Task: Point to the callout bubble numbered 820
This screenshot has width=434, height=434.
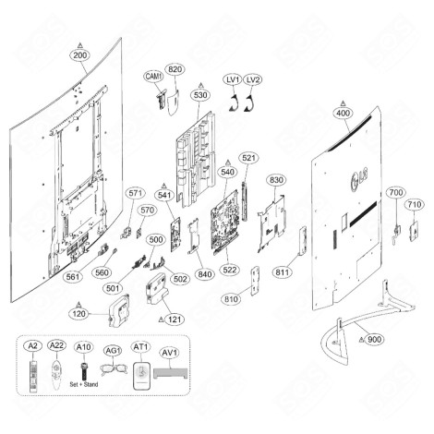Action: coord(175,69)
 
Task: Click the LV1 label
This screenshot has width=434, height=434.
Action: coord(234,81)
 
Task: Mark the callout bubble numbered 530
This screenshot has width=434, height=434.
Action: coord(199,94)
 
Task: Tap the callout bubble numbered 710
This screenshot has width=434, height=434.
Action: coord(415,203)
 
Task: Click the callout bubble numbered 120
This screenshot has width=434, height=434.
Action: coord(80,313)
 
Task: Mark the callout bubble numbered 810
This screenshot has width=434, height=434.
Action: coord(230,300)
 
